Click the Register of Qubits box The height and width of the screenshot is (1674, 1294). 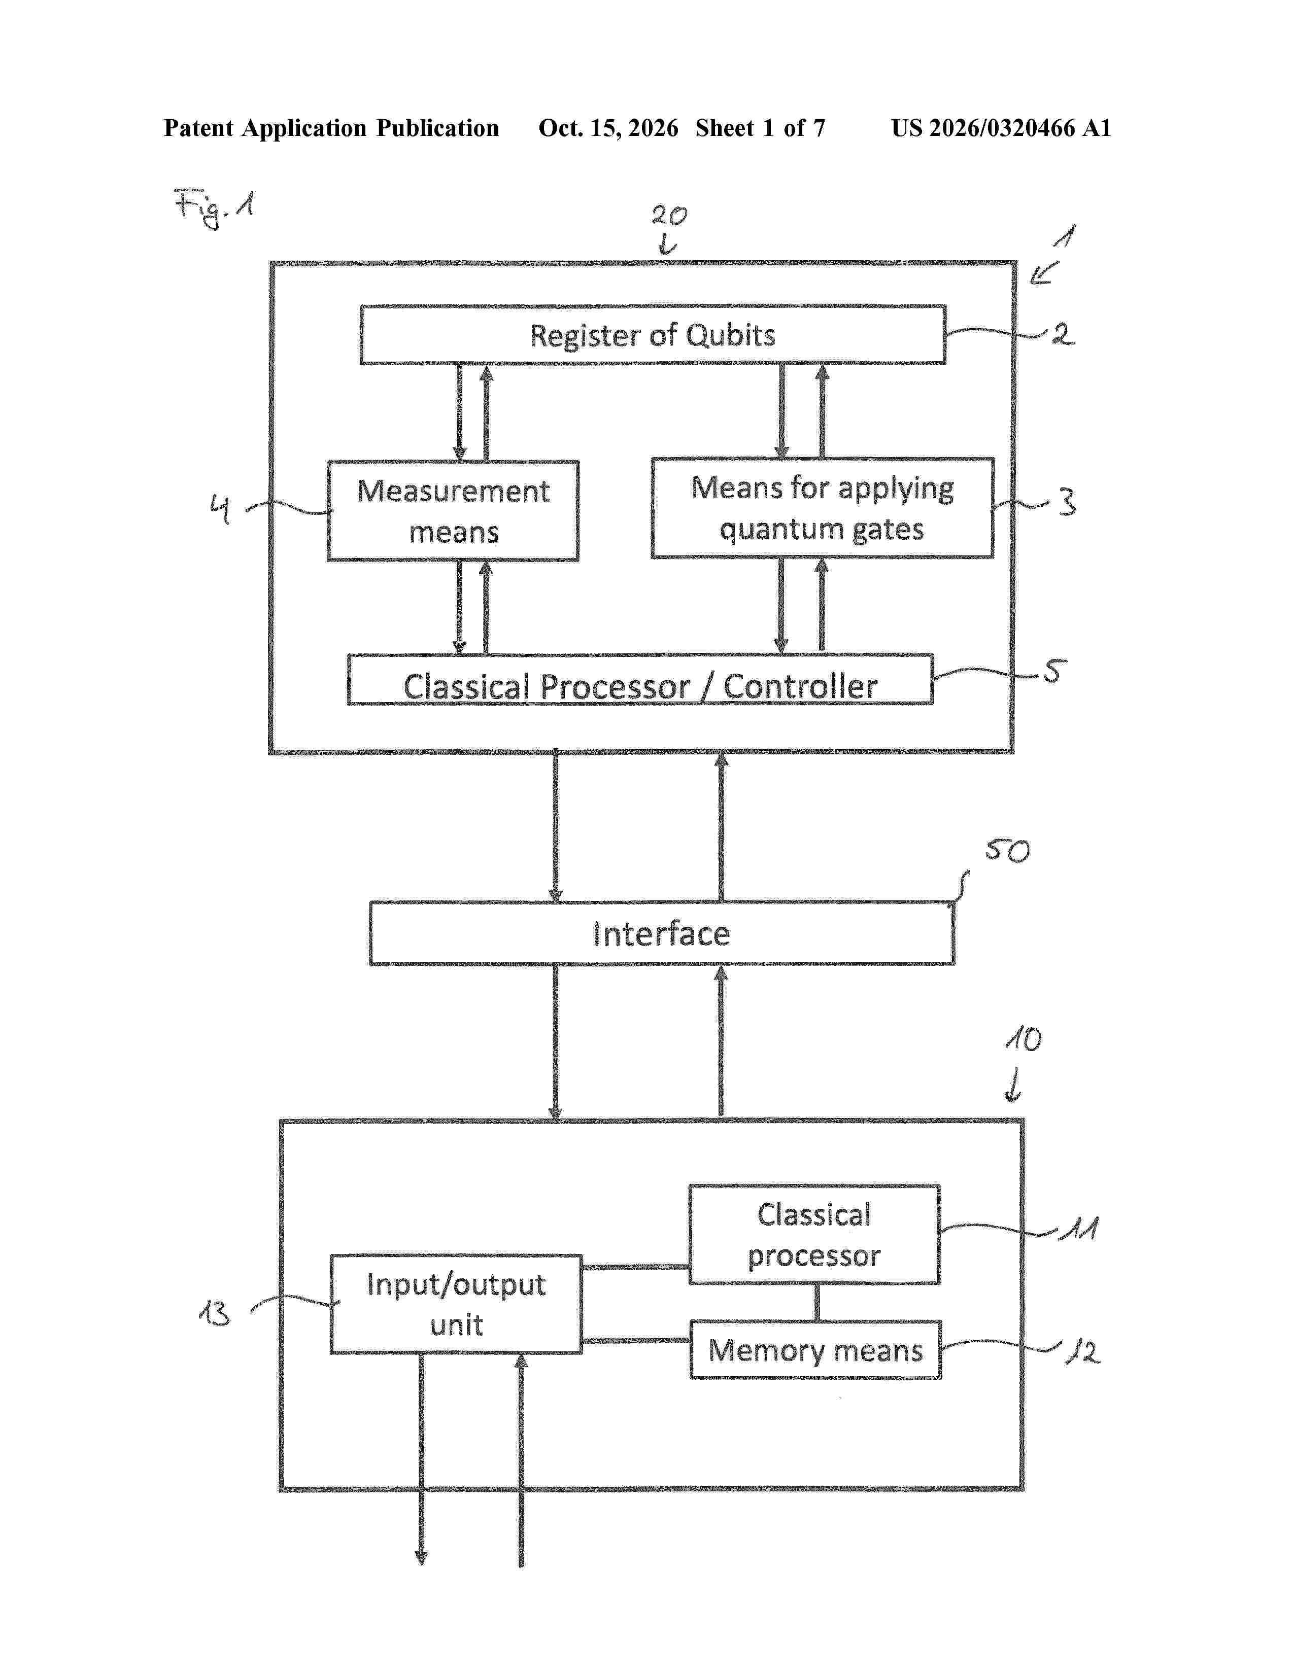pyautogui.click(x=653, y=335)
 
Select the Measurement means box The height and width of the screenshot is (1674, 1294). pyautogui.click(x=453, y=510)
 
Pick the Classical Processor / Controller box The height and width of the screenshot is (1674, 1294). pyautogui.click(x=640, y=679)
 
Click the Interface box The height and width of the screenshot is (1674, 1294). pyautogui.click(x=662, y=933)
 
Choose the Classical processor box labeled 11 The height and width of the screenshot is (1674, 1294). pyautogui.click(x=814, y=1234)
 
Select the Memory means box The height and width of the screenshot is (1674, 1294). pyautogui.click(x=815, y=1350)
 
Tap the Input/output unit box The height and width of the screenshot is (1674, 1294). pyautogui.click(x=456, y=1304)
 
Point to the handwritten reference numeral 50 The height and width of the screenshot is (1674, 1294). pyautogui.click(x=1007, y=850)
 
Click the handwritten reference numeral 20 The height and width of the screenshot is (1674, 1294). pyautogui.click(x=669, y=216)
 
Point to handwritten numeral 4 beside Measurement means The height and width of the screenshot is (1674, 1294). pyautogui.click(x=220, y=508)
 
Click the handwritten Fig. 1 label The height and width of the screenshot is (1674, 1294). pyautogui.click(x=214, y=207)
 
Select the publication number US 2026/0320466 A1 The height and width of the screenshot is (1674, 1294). pyautogui.click(x=1001, y=128)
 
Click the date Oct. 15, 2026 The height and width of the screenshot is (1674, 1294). pyautogui.click(x=608, y=128)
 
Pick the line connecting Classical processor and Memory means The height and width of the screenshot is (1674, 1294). pyautogui.click(x=816, y=1302)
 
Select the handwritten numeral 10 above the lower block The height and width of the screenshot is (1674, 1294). pyautogui.click(x=1024, y=1039)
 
